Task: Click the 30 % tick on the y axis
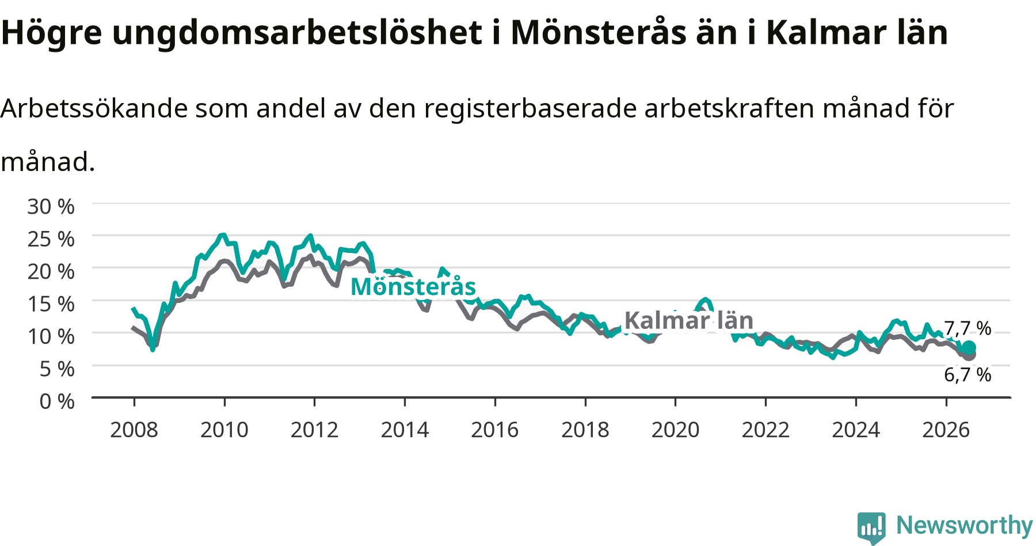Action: [51, 206]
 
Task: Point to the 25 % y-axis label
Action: [51, 238]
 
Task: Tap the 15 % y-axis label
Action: [51, 304]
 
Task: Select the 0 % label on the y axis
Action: [57, 401]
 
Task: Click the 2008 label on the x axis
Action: [134, 430]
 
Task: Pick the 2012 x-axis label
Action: [314, 430]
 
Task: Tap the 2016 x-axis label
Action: [495, 430]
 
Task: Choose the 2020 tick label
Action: [676, 430]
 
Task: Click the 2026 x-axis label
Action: [946, 430]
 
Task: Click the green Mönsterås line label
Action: [413, 286]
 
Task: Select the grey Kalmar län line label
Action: [689, 320]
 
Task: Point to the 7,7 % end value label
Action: [968, 328]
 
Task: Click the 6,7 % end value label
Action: [968, 375]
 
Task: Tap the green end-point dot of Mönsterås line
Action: [969, 348]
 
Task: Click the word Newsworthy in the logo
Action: [965, 525]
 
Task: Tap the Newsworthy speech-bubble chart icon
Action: [871, 527]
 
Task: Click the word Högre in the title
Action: [52, 33]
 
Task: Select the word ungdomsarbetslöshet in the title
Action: [297, 33]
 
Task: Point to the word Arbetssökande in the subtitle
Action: [94, 108]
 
